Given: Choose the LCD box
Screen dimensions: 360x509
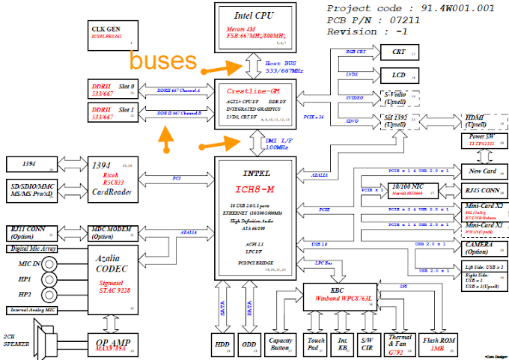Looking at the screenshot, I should coord(403,75).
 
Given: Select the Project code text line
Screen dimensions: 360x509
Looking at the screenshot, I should coord(410,9).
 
